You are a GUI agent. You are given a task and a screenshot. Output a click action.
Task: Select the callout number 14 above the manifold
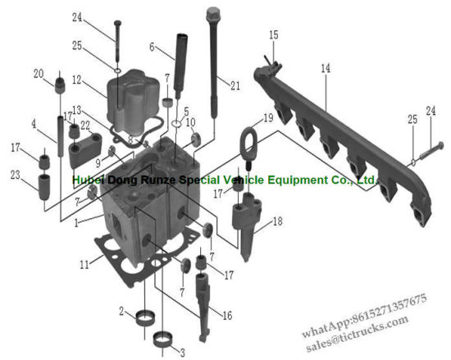[x=326, y=68]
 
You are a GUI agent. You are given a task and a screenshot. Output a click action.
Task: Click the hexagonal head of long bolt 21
[x=213, y=13]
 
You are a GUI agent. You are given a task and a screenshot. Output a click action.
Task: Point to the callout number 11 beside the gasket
[x=84, y=265]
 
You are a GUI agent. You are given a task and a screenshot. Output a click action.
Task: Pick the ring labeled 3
[x=163, y=339]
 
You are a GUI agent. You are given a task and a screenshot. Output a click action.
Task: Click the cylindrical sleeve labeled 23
[x=44, y=187]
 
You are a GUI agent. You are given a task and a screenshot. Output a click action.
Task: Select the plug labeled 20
[x=60, y=85]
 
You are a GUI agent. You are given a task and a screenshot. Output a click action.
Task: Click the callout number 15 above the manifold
[x=274, y=34]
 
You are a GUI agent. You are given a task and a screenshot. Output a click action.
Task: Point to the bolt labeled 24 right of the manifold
[x=430, y=150]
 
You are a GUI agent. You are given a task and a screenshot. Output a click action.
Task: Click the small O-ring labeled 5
[x=176, y=124]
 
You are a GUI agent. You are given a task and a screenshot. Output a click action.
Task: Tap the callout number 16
[x=227, y=316]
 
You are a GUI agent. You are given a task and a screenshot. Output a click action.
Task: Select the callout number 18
[x=277, y=221]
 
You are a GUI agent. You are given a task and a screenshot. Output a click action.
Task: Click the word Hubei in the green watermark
[x=89, y=180]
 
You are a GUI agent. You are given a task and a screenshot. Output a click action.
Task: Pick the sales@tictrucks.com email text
[x=358, y=333]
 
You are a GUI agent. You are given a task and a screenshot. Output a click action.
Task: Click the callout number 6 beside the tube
[x=153, y=47]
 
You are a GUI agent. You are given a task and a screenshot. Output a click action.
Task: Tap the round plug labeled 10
[x=197, y=139]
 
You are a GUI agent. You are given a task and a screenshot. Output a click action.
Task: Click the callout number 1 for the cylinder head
[x=76, y=222]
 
